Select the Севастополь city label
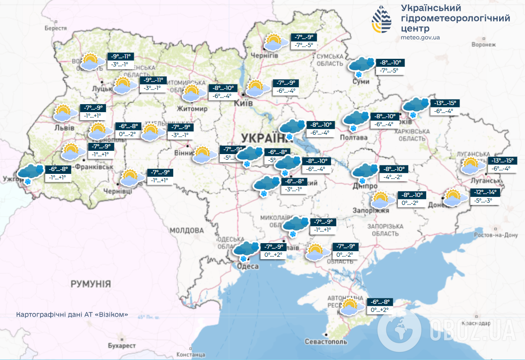click(x=326, y=342)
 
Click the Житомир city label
click(x=193, y=109)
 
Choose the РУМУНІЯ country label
click(x=91, y=284)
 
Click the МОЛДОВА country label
click(x=186, y=230)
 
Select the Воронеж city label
click(x=484, y=45)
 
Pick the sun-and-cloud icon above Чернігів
click(x=275, y=42)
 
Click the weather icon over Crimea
click(x=351, y=307)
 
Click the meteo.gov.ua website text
click(x=420, y=37)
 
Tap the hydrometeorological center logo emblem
click(x=381, y=19)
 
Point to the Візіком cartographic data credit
click(x=72, y=314)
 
